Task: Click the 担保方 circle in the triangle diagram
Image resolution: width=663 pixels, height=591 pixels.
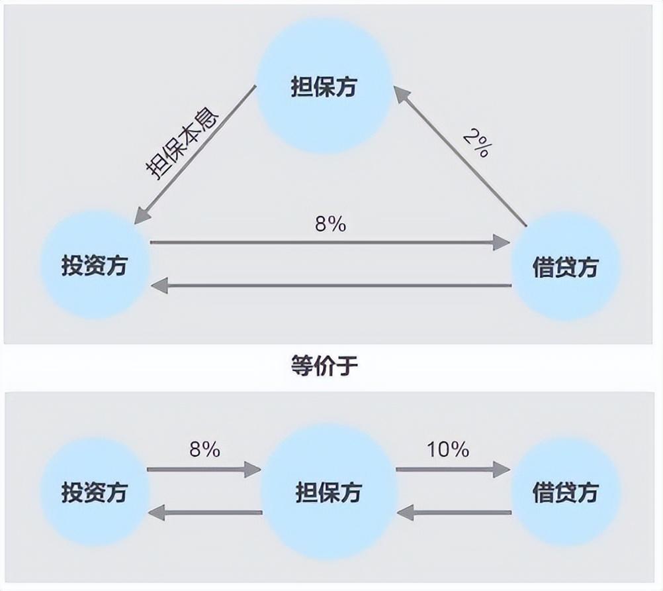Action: [325, 87]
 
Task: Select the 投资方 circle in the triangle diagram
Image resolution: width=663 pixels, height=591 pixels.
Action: [95, 266]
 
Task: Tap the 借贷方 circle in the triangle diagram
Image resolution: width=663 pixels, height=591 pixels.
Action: [566, 267]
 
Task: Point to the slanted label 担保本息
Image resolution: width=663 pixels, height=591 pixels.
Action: [182, 145]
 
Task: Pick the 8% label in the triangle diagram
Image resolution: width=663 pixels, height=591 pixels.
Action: [330, 225]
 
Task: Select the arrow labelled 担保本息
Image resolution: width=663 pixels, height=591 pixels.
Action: [195, 155]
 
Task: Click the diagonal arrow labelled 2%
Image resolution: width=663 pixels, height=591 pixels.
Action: [460, 156]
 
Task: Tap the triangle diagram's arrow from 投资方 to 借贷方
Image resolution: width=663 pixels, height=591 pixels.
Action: [330, 242]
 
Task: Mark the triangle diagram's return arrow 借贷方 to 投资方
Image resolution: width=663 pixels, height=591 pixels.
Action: [331, 286]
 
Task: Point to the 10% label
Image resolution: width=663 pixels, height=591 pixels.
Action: [448, 449]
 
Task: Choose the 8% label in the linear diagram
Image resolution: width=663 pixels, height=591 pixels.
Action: [204, 449]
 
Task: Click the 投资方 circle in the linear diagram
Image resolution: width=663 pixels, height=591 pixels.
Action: [95, 492]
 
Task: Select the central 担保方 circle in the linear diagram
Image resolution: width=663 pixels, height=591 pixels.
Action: [329, 492]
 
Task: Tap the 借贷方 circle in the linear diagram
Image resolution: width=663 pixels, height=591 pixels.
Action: [566, 492]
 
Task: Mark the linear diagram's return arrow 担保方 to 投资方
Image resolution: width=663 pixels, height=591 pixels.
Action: [205, 513]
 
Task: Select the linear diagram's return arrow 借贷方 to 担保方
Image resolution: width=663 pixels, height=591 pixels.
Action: [454, 513]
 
